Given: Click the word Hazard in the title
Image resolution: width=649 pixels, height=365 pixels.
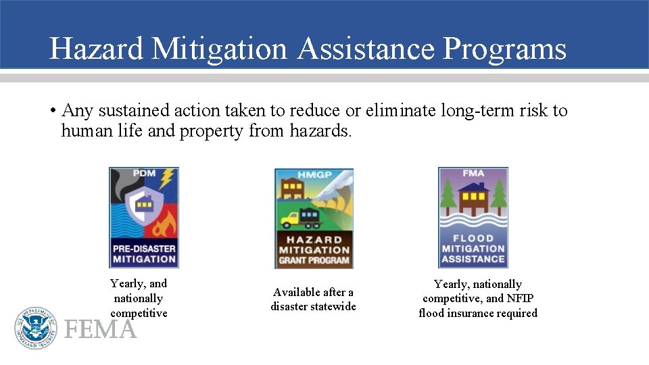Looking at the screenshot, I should coord(96,49).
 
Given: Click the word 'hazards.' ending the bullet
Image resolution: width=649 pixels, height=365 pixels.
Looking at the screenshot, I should coord(321,131).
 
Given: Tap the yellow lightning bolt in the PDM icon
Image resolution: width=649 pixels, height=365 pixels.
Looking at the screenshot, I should coord(166,179).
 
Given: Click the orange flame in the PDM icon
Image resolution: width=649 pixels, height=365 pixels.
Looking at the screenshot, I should coord(164,222).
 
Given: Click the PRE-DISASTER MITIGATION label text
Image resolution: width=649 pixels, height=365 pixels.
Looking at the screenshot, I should coord(144,253).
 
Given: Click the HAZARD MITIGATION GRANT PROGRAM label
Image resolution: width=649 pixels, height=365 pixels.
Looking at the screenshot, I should coord(314,250).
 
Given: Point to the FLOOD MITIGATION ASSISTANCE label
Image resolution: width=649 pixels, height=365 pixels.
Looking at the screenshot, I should coord(473,249).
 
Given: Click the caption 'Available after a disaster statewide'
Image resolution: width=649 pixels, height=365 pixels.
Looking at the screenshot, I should coord(313,299).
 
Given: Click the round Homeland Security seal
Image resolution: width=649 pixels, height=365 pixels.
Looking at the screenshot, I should coord(36,328).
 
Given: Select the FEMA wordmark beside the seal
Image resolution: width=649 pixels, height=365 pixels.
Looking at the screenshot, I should coord(100,330).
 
